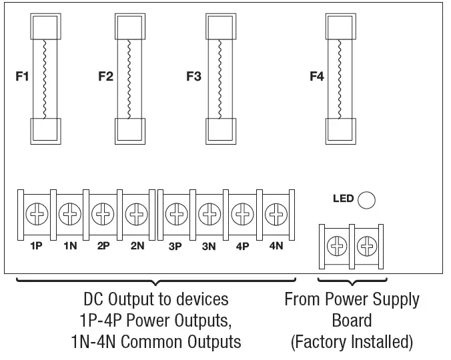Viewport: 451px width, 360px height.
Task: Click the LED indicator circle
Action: click(366, 199)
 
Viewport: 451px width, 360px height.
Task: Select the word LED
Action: click(342, 199)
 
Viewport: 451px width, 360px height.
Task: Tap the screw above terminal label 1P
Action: click(35, 215)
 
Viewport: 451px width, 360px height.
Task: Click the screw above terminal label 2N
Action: click(137, 215)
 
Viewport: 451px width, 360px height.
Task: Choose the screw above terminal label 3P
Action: click(175, 215)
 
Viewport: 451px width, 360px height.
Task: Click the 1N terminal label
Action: click(70, 246)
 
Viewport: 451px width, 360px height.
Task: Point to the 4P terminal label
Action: click(242, 246)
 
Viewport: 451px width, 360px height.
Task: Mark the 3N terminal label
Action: click(209, 246)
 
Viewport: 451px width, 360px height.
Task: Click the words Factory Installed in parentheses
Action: click(352, 343)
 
